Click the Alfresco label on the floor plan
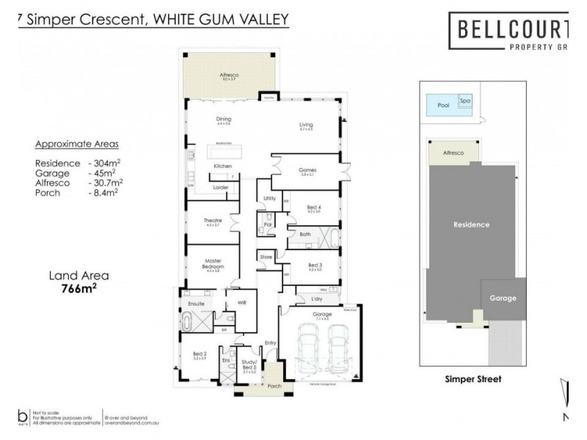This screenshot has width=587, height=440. click(x=230, y=75)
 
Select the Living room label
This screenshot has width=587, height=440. click(x=306, y=125)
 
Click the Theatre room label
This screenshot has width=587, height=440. click(x=213, y=221)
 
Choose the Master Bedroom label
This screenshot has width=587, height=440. click(x=213, y=265)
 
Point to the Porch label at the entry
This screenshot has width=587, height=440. click(x=274, y=386)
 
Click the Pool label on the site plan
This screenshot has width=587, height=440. click(x=442, y=105)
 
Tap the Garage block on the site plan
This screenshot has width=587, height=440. click(x=503, y=298)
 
